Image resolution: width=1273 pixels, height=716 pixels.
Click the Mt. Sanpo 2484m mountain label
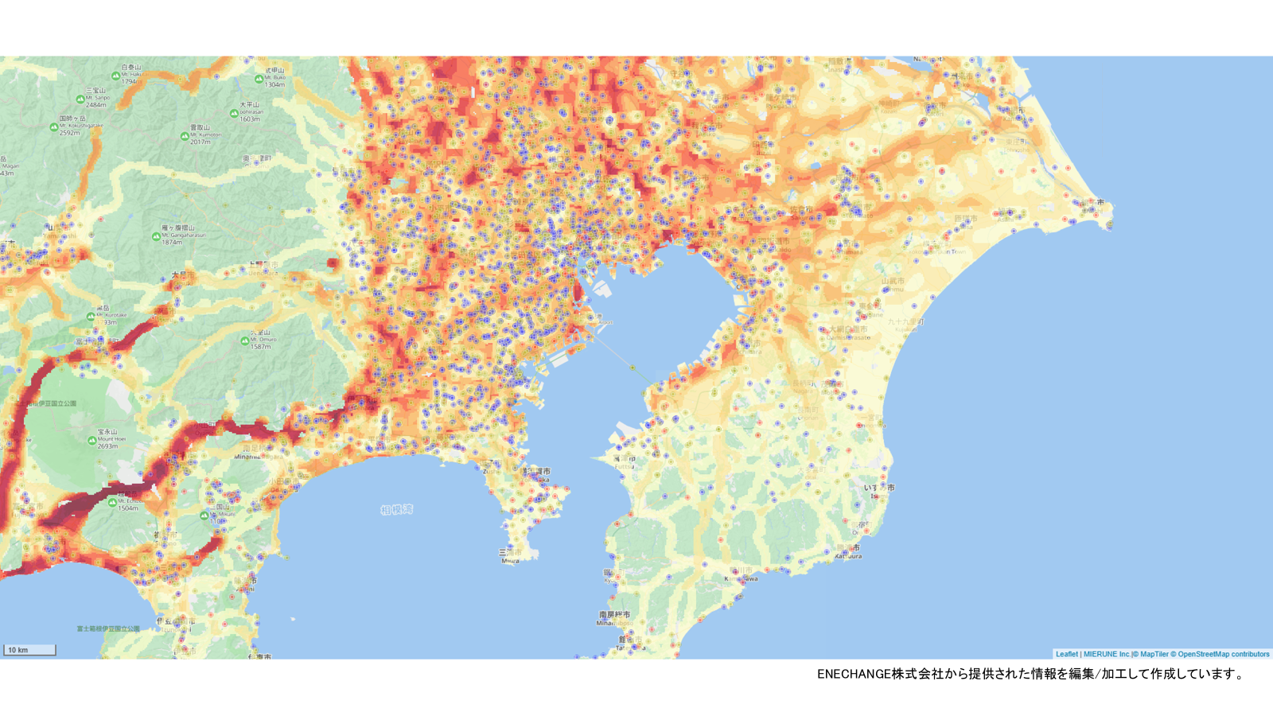click(x=96, y=97)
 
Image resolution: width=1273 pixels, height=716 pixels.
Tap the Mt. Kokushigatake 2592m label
click(x=80, y=126)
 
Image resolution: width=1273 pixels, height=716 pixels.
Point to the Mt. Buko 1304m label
click(x=274, y=77)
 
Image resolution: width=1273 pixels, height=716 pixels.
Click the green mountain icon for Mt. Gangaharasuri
click(x=156, y=236)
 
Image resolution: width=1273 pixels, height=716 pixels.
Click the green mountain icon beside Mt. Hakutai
click(x=116, y=76)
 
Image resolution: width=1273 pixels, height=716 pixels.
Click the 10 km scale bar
click(x=29, y=650)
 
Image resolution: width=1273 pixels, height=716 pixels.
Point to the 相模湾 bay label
click(x=396, y=509)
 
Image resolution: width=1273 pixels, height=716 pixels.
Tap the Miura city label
click(x=510, y=555)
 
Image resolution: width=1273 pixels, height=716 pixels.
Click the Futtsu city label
click(x=625, y=462)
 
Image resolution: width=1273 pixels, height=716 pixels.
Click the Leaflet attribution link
click(x=1066, y=654)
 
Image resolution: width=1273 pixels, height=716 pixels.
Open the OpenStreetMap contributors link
click(x=1223, y=654)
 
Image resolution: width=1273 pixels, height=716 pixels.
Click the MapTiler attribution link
click(x=1154, y=654)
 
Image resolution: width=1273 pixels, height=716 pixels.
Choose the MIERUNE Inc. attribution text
click(x=1107, y=654)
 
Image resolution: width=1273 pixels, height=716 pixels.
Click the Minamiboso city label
click(x=613, y=618)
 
